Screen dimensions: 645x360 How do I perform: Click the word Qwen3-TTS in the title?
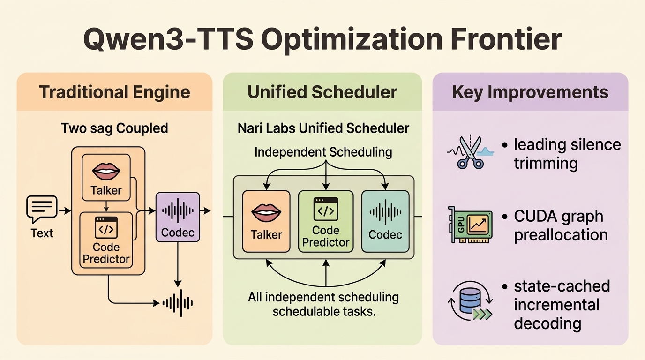point(168,39)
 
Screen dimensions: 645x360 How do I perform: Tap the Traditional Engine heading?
point(114,92)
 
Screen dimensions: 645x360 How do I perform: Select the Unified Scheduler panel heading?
point(322,92)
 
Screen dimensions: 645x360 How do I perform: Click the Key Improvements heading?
point(530,92)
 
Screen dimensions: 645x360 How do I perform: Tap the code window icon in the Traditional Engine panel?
point(106,227)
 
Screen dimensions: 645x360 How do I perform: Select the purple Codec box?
point(178,217)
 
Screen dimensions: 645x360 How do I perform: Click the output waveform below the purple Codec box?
point(178,303)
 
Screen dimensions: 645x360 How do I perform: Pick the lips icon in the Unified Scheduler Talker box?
point(266,213)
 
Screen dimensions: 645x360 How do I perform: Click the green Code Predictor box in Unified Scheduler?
point(326,221)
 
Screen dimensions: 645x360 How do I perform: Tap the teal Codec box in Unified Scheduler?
point(385,221)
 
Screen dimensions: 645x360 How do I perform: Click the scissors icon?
point(471,152)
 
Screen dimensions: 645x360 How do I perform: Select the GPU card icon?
point(470,225)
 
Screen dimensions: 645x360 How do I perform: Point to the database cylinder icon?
point(470,301)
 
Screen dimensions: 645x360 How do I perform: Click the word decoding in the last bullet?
point(547,323)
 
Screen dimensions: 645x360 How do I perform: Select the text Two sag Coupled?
point(114,128)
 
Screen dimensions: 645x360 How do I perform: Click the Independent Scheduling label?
point(323,152)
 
